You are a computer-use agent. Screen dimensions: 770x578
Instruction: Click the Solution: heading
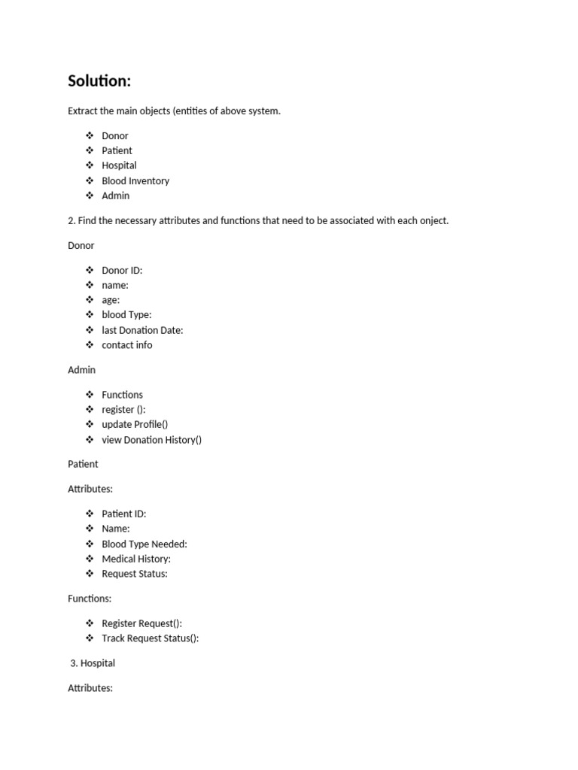pyautogui.click(x=99, y=80)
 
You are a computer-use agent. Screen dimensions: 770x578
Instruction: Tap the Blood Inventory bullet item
pyautogui.click(x=135, y=180)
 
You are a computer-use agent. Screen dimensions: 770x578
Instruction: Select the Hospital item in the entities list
pyautogui.click(x=119, y=165)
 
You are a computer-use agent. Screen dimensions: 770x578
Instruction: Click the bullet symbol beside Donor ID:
pyautogui.click(x=90, y=270)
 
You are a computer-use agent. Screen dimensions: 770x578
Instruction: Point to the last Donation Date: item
pyautogui.click(x=142, y=330)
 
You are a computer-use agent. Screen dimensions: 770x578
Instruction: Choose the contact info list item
pyautogui.click(x=126, y=345)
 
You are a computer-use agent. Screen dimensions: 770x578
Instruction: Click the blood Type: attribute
pyautogui.click(x=126, y=315)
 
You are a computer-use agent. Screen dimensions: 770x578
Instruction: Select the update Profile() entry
pyautogui.click(x=135, y=425)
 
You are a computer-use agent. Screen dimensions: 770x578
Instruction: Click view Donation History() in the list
pyautogui.click(x=151, y=440)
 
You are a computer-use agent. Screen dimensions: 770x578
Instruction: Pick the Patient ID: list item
pyautogui.click(x=123, y=514)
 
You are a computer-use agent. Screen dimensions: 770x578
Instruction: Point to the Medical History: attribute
pyautogui.click(x=136, y=559)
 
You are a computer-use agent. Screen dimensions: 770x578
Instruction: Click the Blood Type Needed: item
pyautogui.click(x=144, y=544)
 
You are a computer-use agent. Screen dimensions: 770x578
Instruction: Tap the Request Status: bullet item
pyautogui.click(x=135, y=574)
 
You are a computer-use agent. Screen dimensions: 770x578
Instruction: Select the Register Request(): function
pyautogui.click(x=141, y=623)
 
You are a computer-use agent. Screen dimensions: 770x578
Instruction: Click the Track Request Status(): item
pyautogui.click(x=150, y=638)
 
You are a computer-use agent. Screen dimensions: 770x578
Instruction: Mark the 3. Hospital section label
pyautogui.click(x=92, y=663)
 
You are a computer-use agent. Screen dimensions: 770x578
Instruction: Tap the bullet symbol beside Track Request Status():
pyautogui.click(x=90, y=638)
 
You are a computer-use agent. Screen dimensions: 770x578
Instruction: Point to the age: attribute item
pyautogui.click(x=111, y=300)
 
